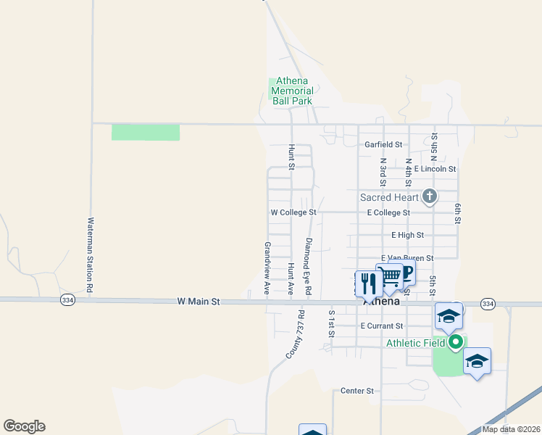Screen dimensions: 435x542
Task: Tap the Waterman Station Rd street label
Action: coord(91,255)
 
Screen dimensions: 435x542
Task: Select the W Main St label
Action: coord(198,302)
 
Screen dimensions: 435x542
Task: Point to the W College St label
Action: coord(293,213)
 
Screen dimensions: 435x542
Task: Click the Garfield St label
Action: coord(383,145)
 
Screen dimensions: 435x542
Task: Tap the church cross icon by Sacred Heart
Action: coord(430,196)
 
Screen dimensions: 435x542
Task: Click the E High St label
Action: coord(407,235)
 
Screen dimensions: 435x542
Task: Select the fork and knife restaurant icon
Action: coord(369,283)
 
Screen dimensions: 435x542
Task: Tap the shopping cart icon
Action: coord(389,275)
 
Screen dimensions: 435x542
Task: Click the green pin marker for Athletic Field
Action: coord(455,341)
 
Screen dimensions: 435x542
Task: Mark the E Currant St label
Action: coord(381,326)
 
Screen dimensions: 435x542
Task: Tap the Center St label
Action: coord(357,391)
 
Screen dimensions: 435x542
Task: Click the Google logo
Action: coord(24,426)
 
